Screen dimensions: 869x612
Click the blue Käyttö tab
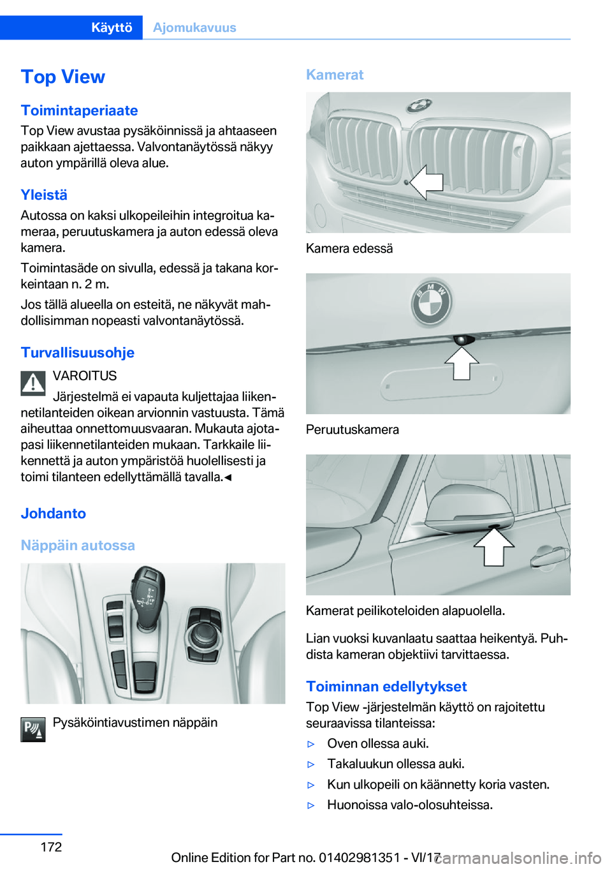[111, 27]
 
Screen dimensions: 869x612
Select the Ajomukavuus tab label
[194, 27]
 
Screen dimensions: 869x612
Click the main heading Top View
[62, 77]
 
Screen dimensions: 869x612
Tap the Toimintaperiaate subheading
[79, 110]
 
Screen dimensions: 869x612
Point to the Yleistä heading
[44, 195]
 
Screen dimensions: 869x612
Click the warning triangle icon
[33, 383]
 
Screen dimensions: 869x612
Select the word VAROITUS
[85, 376]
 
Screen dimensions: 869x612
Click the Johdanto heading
[53, 514]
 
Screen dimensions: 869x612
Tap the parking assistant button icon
[33, 729]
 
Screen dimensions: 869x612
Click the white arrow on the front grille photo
[426, 182]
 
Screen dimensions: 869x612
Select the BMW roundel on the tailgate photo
[432, 302]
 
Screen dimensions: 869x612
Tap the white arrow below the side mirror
[494, 547]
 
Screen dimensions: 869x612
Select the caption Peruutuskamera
[353, 429]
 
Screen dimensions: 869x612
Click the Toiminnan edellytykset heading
[386, 687]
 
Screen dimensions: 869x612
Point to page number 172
[51, 847]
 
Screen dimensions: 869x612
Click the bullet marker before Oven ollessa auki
[311, 744]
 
